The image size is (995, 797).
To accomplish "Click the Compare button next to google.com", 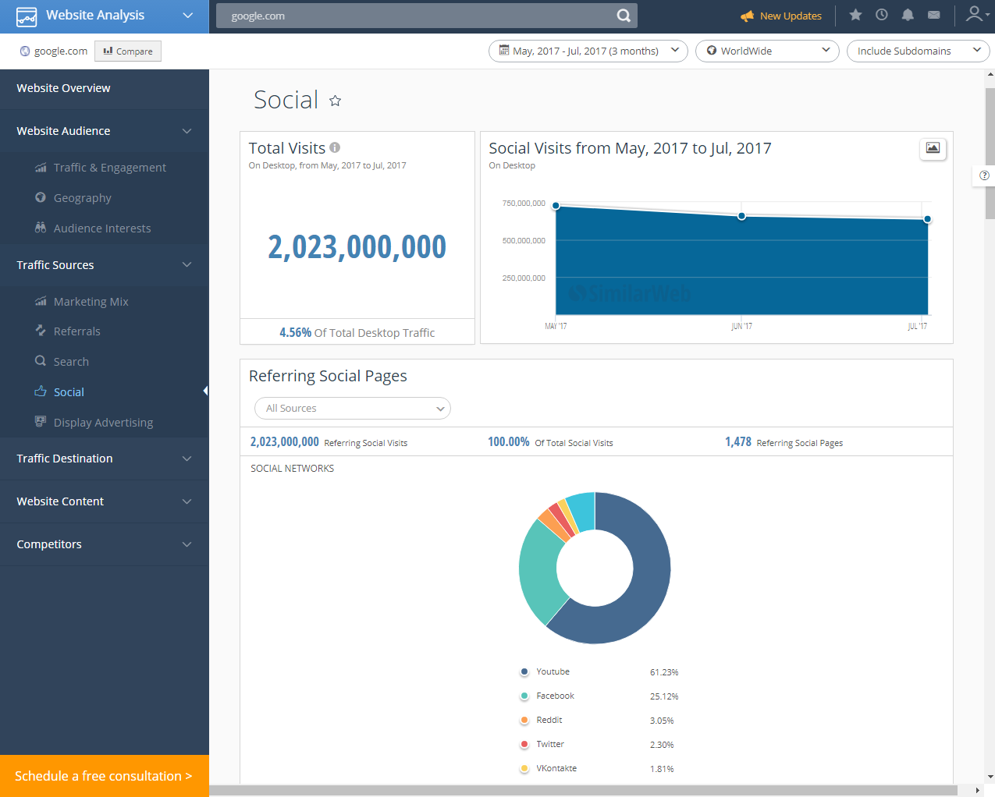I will (x=128, y=51).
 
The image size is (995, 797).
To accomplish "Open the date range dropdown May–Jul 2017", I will (x=588, y=51).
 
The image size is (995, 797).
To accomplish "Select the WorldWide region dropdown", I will (x=767, y=51).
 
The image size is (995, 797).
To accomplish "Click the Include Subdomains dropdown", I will (x=918, y=51).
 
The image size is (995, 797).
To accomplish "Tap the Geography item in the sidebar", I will (x=82, y=198).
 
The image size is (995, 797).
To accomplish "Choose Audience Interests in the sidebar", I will (x=101, y=228).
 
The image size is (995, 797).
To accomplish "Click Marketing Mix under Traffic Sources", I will (x=91, y=302).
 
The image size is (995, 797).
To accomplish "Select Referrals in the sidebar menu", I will (x=76, y=331).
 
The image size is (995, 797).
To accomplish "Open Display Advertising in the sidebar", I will (x=103, y=423).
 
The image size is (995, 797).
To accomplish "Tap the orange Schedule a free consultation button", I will (x=104, y=776).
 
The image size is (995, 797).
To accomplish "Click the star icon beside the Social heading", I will (x=336, y=101).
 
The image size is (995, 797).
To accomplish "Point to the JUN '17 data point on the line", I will (x=741, y=216).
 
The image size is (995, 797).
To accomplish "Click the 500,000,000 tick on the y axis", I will (x=524, y=241).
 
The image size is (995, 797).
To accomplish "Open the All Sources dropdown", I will (x=353, y=409).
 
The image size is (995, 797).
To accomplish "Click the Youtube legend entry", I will (x=553, y=672).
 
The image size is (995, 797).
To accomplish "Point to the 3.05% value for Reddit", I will (x=662, y=721).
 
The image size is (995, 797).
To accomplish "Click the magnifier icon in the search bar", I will (x=624, y=16).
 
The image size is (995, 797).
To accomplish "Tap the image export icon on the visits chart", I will (x=933, y=148).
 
